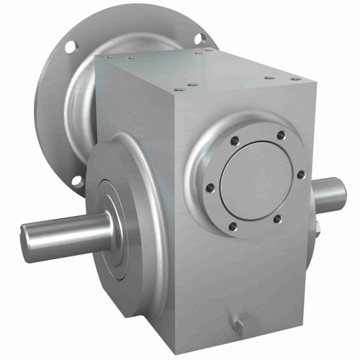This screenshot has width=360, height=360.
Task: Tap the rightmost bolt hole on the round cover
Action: tap(300, 174)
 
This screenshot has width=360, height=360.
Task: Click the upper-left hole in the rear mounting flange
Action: tap(71, 47)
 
